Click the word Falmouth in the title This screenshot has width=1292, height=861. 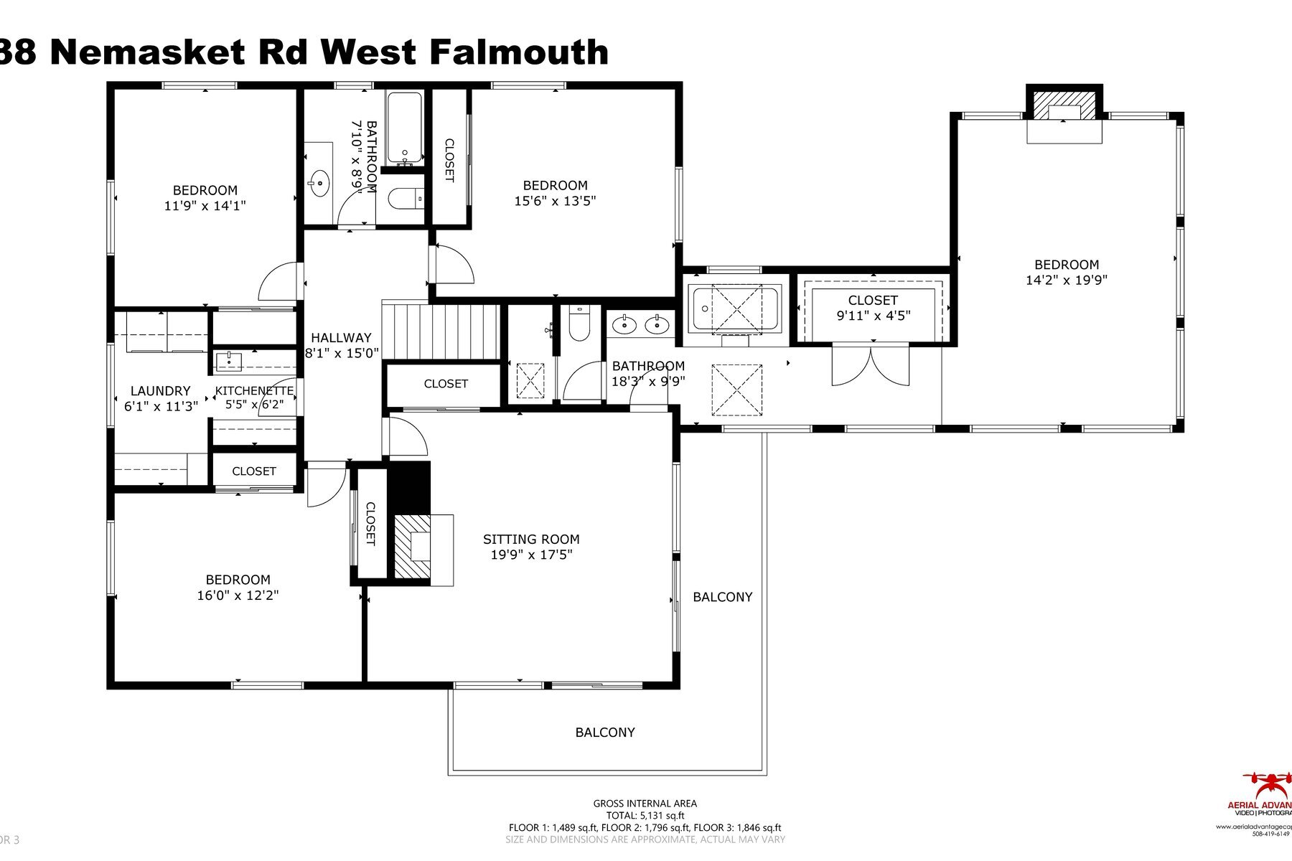point(519,52)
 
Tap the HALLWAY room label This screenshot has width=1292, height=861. point(341,337)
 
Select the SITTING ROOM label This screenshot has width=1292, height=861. point(531,539)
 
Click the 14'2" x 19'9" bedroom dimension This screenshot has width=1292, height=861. point(1066,280)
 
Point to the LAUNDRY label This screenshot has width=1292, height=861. point(160,391)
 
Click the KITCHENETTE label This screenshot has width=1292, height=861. point(254,391)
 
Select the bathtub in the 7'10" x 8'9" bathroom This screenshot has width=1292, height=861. point(404,128)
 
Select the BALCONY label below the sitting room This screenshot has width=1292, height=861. point(604,733)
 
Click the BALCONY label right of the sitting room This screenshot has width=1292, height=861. point(722,597)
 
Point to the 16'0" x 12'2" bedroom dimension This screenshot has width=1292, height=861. point(238,596)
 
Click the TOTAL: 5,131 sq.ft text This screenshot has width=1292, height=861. point(645,815)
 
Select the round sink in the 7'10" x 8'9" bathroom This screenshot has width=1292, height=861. point(319,183)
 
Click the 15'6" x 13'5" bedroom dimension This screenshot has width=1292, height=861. point(555,201)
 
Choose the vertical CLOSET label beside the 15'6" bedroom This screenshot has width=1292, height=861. point(449,160)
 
